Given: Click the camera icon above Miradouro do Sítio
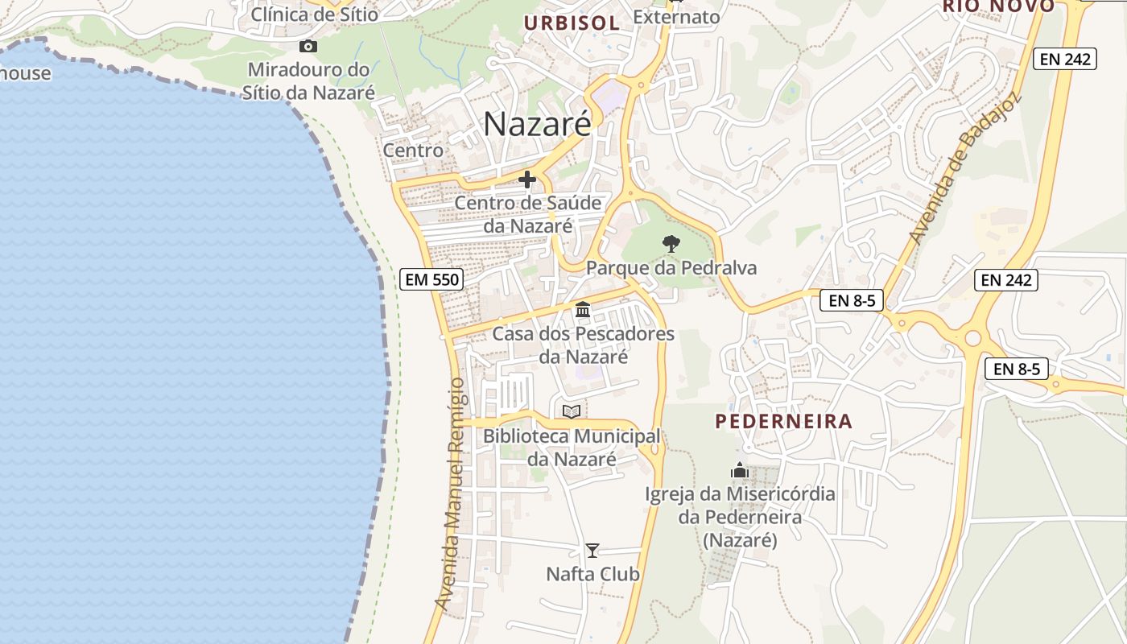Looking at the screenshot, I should point(308,46).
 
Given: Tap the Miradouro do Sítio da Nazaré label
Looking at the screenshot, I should point(309,81).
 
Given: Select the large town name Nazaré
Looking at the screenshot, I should point(537,124).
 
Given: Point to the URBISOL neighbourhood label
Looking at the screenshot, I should point(572,23).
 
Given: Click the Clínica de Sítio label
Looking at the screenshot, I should point(315,14).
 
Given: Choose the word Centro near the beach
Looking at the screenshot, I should point(413,151).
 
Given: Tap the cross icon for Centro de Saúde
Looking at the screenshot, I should point(527,180).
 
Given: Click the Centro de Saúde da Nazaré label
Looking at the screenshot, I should point(528,214).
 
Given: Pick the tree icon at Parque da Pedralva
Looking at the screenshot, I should point(671,243).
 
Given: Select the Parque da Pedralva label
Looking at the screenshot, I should point(671,268).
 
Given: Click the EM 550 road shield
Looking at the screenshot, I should point(431,280).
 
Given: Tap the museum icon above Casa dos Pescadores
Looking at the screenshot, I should point(583,309).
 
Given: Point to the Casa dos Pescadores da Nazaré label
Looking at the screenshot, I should point(584,345).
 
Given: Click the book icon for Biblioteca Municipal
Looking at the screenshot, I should point(572,412).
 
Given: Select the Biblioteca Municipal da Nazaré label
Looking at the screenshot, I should point(572,448).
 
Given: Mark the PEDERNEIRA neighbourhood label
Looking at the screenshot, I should point(783,421).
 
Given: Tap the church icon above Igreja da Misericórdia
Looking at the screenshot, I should point(740,470).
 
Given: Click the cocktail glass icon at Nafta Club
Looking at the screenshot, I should point(592,551).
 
